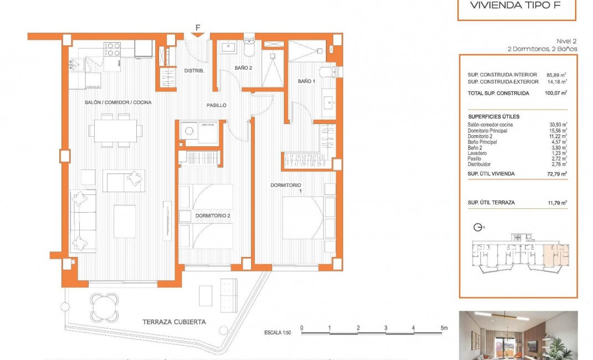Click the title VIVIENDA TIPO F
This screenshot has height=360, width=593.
coord(516,6)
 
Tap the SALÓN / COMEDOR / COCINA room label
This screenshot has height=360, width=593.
coord(118,102)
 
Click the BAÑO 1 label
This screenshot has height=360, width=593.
coord(306,81)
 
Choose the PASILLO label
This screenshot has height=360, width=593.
coord(216,105)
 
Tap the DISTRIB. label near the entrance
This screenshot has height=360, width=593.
coord(195,71)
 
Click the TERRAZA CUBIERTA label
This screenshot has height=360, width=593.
coord(174,322)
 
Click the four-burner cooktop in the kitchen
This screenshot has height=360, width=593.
coord(113,50)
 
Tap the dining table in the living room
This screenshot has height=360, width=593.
coord(115,131)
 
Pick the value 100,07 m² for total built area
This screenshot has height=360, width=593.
coord(556,94)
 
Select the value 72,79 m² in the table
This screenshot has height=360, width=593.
coord(556,174)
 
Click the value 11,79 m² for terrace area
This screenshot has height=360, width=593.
coord(556,203)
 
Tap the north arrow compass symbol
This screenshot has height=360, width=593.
coord(478,227)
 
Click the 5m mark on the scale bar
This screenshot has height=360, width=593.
coord(443,328)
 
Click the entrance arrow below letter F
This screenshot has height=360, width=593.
coord(197,36)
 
